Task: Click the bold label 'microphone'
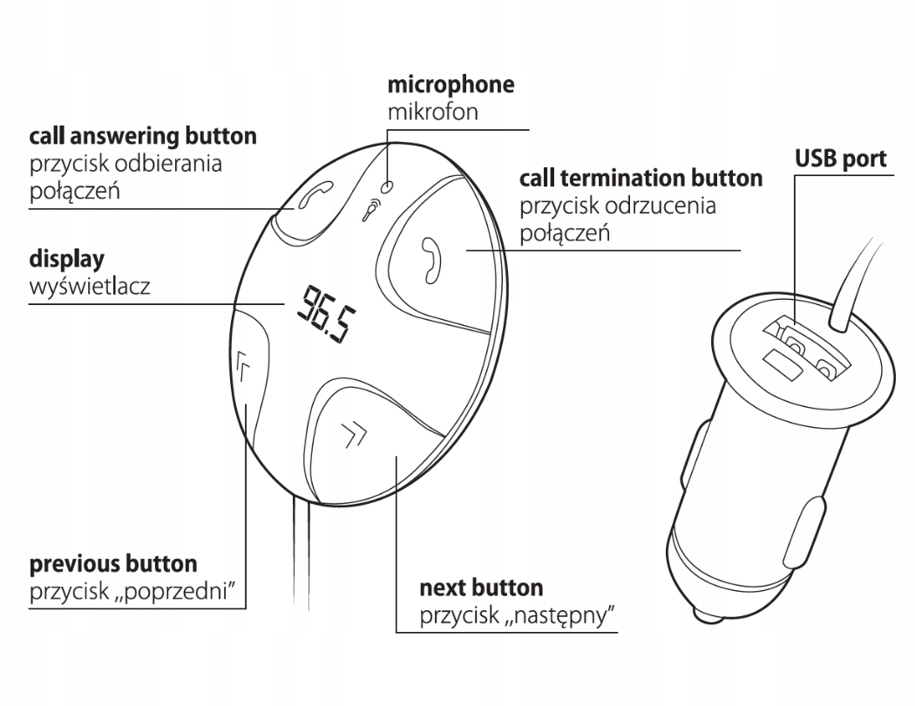coord(451,85)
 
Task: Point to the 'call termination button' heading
coord(640,180)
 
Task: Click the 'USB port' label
coord(841,160)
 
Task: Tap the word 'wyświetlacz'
coord(90,286)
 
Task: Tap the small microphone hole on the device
coord(390,186)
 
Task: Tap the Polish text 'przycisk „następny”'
coord(518,615)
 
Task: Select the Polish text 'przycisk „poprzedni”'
coord(134,591)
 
